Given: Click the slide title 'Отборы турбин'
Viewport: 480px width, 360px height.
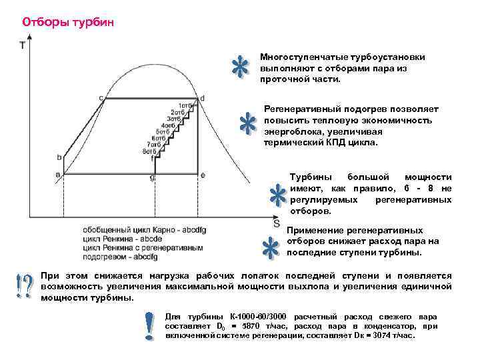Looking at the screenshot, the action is pos(69,22).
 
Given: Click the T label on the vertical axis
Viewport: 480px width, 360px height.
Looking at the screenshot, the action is pos(23,47).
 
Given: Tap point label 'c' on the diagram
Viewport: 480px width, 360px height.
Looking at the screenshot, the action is pos(101,98).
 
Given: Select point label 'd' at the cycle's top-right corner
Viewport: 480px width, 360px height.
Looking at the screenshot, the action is pos(202,98).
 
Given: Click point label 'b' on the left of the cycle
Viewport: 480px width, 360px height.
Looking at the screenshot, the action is pos(59,157).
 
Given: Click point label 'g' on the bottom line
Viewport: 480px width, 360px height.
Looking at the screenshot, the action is pos(153,177).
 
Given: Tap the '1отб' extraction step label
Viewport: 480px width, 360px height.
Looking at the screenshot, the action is pos(186,105).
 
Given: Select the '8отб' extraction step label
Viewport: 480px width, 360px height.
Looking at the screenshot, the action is pos(149,151).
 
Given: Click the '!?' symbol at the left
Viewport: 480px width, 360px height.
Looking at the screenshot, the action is pos(23,286).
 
